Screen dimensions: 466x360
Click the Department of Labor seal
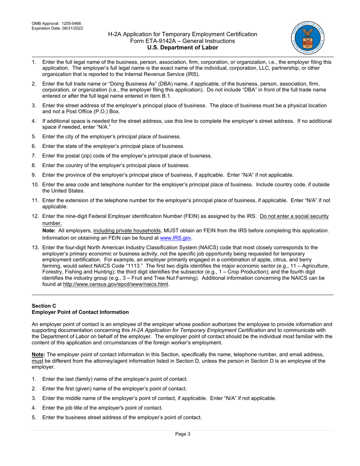pos(308,38)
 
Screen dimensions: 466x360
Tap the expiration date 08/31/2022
pos(72,28)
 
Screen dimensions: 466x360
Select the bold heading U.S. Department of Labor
pos(183,47)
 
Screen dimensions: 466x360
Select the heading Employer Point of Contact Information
pos(80,312)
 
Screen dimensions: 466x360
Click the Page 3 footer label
pos(183,434)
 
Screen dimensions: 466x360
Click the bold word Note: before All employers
pos(49,231)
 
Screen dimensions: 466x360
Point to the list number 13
pos(35,248)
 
